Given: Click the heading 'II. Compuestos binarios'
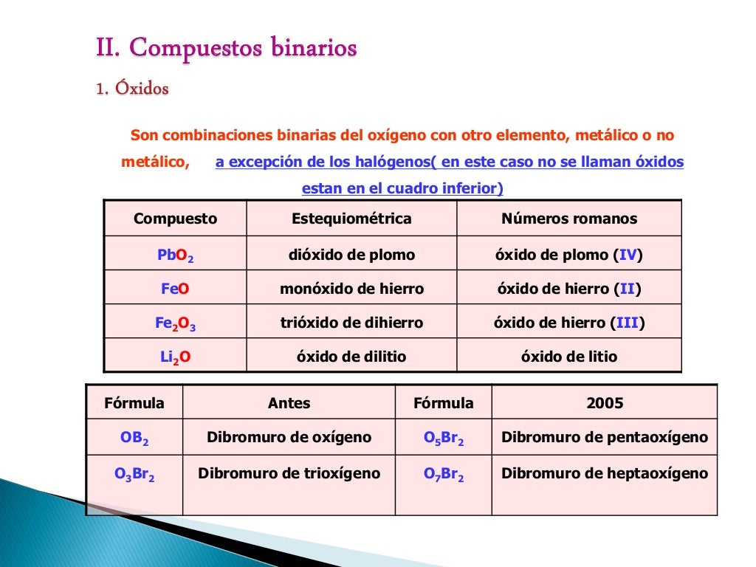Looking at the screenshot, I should pyautogui.click(x=227, y=49).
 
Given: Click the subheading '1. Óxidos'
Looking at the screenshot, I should pyautogui.click(x=132, y=89).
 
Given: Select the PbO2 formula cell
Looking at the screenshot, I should pyautogui.click(x=176, y=255).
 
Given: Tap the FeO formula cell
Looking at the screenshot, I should pyautogui.click(x=175, y=289).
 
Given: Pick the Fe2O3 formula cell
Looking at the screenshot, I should pyautogui.click(x=175, y=323).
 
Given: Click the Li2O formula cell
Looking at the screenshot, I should pyautogui.click(x=176, y=357).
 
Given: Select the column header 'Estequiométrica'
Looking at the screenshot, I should pyautogui.click(x=351, y=219).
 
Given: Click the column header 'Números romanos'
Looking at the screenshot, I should pyautogui.click(x=568, y=219).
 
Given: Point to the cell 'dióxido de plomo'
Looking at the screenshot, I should pyautogui.click(x=351, y=255).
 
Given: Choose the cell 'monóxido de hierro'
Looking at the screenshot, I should pyautogui.click(x=351, y=289).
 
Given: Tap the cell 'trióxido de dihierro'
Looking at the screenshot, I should pyautogui.click(x=351, y=323).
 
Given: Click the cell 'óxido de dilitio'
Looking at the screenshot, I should pyautogui.click(x=351, y=357).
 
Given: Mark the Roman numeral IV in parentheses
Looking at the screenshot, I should pyautogui.click(x=628, y=255).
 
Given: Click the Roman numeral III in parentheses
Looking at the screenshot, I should pyautogui.click(x=627, y=323).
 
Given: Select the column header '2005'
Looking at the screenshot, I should pyautogui.click(x=605, y=403).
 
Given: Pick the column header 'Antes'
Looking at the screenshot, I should pyautogui.click(x=289, y=403).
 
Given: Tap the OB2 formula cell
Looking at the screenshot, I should pyautogui.click(x=134, y=438).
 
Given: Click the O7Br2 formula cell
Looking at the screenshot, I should pyautogui.click(x=444, y=474).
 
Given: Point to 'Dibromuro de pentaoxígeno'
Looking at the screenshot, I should pyautogui.click(x=605, y=437).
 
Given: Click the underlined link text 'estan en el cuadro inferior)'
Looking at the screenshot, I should pyautogui.click(x=402, y=188).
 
